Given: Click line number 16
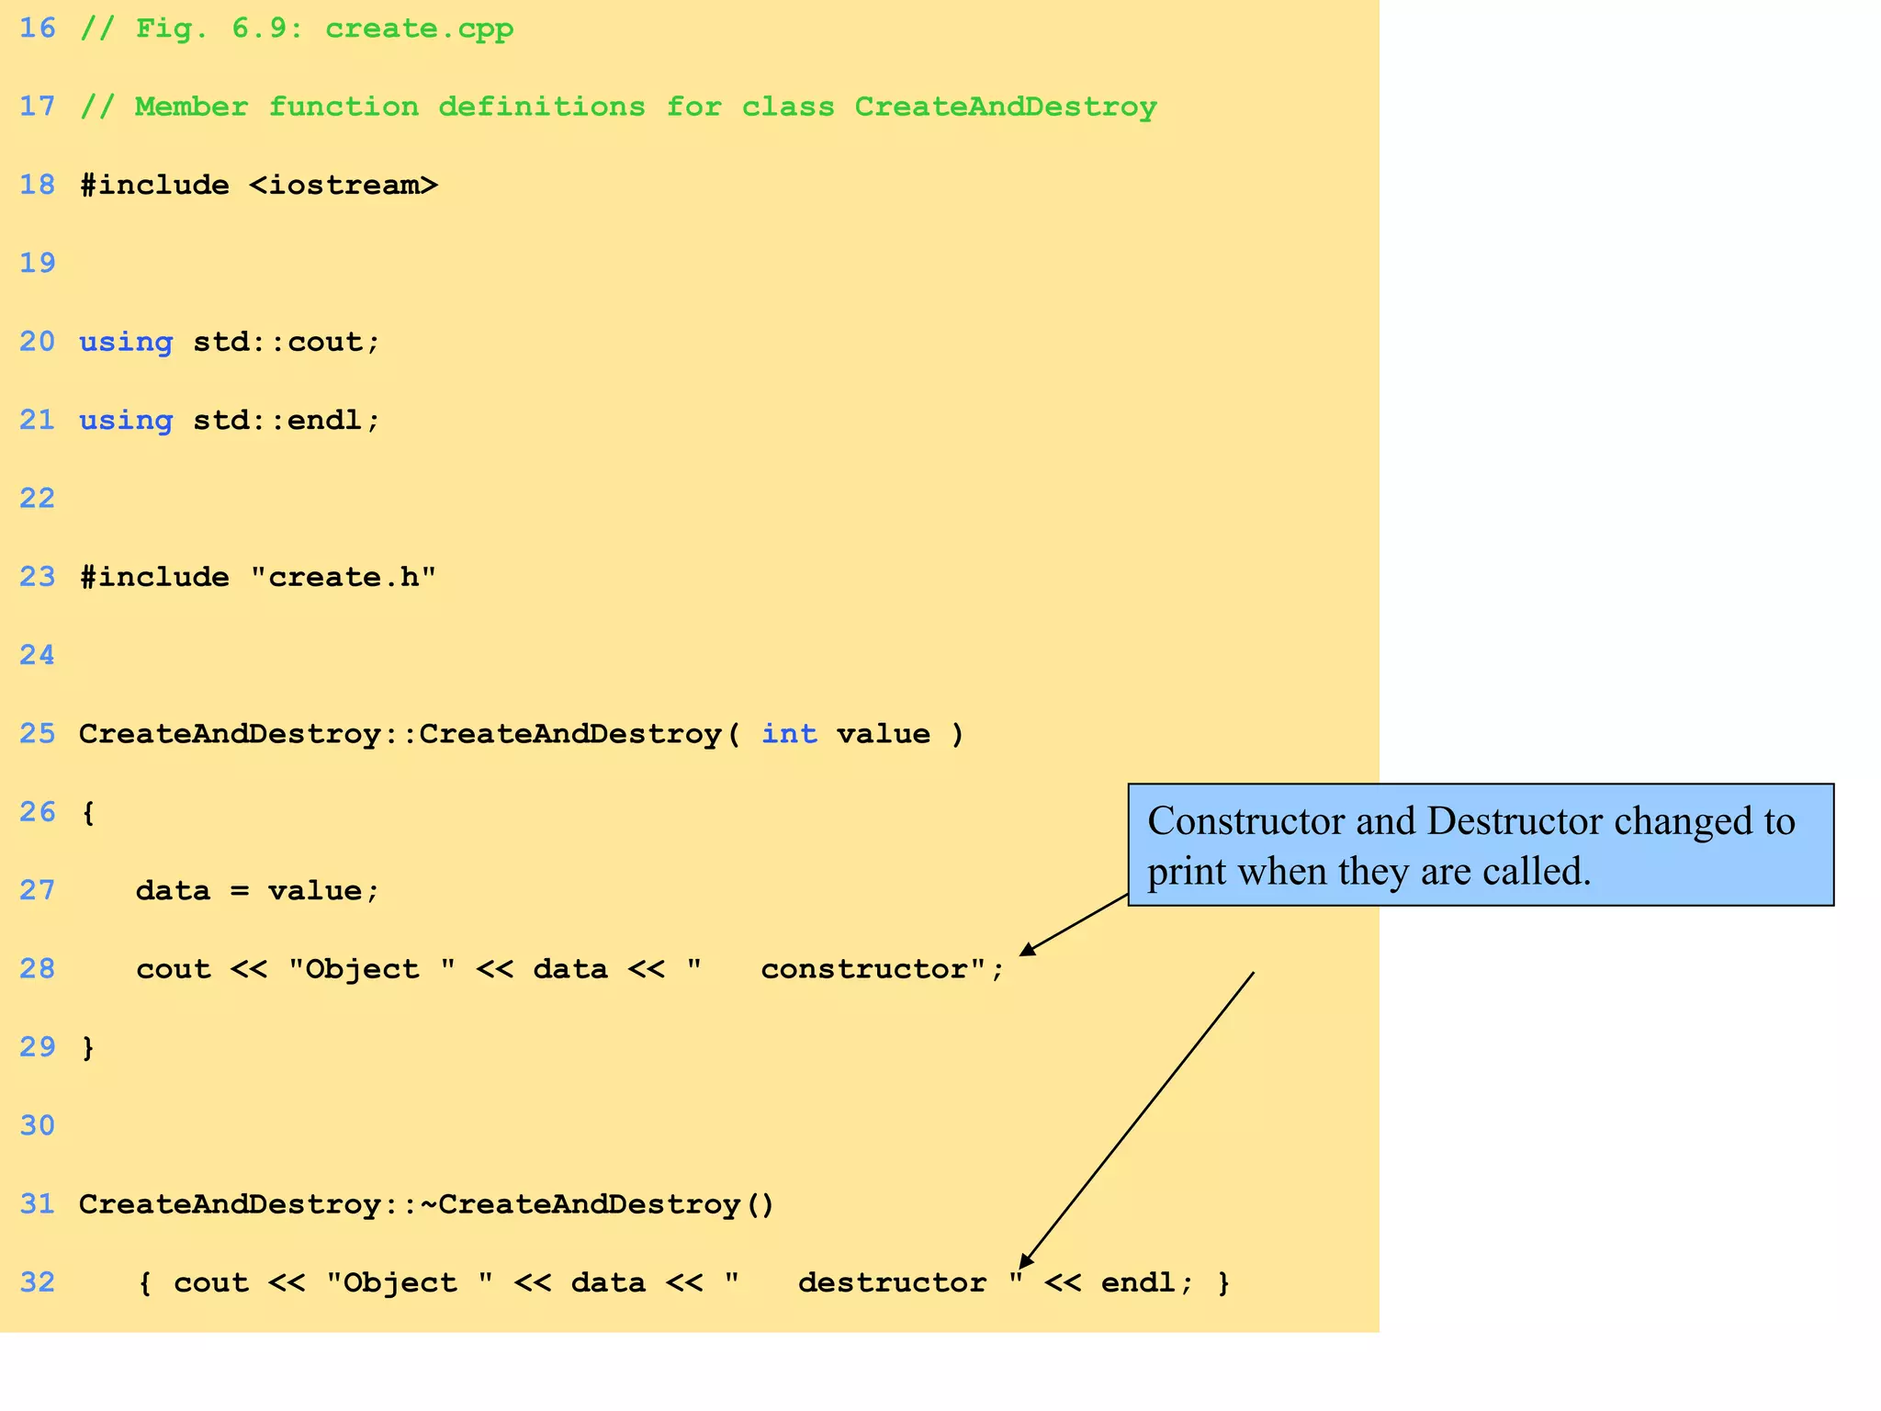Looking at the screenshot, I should [x=38, y=28].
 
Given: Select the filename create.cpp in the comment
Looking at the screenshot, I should [x=419, y=29].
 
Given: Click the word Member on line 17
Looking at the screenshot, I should [x=191, y=107].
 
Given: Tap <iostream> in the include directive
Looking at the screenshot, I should [x=344, y=186].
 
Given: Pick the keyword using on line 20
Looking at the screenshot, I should [x=126, y=343].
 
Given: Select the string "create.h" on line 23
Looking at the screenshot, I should [x=344, y=578].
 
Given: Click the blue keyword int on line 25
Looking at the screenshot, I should [x=789, y=734].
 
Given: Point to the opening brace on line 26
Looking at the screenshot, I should [x=88, y=813].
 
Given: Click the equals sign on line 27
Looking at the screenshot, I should [x=240, y=891].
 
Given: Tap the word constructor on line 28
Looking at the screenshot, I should [x=863, y=969].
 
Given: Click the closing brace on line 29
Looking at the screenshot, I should [x=88, y=1048].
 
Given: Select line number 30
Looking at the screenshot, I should [x=38, y=1126].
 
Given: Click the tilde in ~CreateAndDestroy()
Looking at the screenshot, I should [x=429, y=1204].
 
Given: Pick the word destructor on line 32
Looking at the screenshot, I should [x=892, y=1282].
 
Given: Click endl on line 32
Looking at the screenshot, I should [x=1139, y=1282].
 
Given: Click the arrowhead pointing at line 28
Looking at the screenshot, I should [x=1028, y=950].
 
